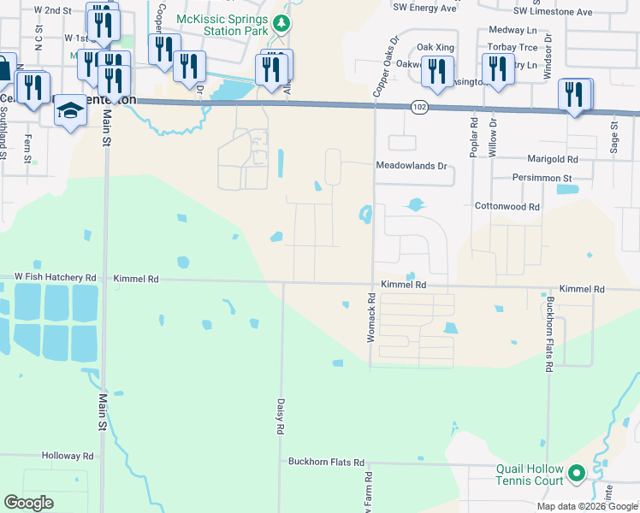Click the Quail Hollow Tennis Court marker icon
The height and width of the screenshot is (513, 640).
tap(577, 472)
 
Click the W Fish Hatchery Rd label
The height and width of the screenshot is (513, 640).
tap(55, 278)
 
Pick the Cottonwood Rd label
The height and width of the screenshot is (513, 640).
tap(507, 207)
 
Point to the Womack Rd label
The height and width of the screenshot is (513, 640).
tap(371, 318)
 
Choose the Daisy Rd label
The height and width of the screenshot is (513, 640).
tap(280, 414)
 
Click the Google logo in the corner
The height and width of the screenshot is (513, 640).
tap(29, 503)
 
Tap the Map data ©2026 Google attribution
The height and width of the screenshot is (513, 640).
tap(586, 506)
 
